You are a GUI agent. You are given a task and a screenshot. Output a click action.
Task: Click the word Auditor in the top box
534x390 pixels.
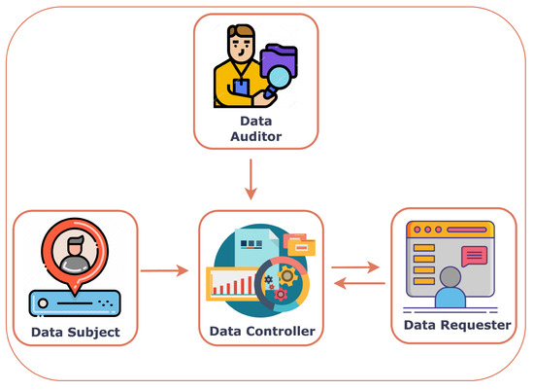point(256,137)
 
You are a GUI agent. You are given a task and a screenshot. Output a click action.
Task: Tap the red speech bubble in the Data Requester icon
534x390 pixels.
point(474,255)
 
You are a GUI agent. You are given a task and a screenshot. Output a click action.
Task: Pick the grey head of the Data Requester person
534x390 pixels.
point(450,276)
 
